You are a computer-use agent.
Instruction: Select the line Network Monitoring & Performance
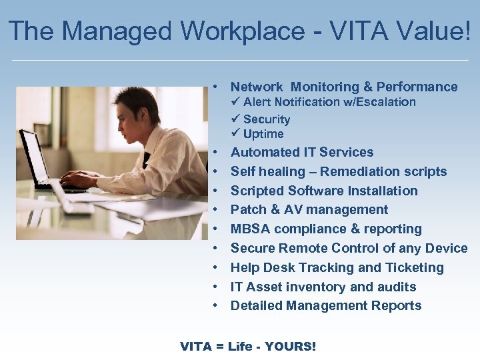point(344,87)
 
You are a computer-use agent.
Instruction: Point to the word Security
point(267,119)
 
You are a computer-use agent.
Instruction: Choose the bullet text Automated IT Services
point(302,153)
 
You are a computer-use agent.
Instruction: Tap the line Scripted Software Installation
point(324,191)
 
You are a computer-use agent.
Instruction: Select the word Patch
point(247,210)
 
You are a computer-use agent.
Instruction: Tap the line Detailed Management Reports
point(326,306)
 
